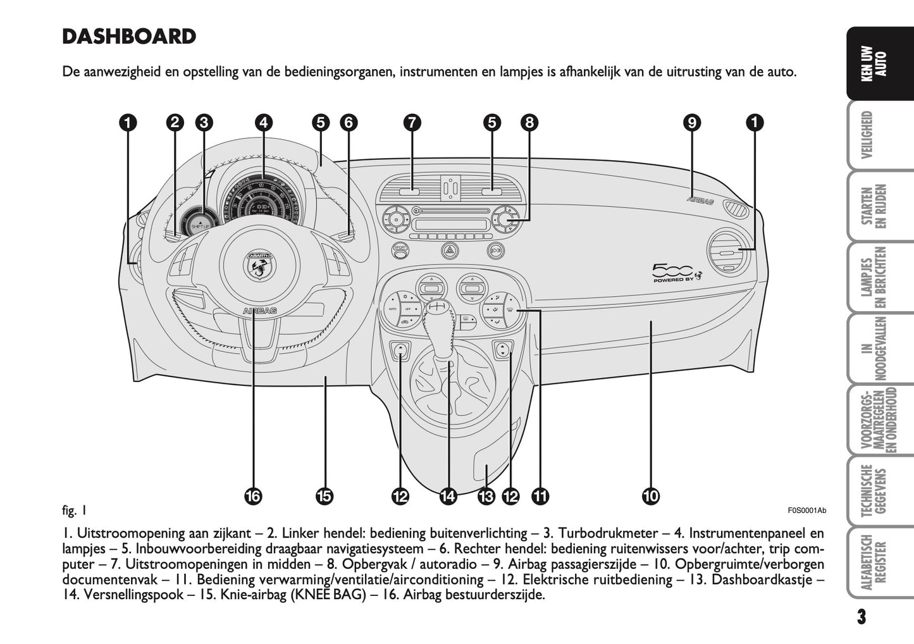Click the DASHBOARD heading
(x=129, y=37)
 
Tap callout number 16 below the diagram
(x=252, y=497)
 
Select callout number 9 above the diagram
(x=692, y=122)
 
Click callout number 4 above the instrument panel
(x=264, y=122)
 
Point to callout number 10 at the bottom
(x=650, y=497)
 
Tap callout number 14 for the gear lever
(x=448, y=497)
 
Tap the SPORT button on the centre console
(x=400, y=250)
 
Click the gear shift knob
(x=435, y=309)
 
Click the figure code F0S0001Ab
(x=806, y=511)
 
